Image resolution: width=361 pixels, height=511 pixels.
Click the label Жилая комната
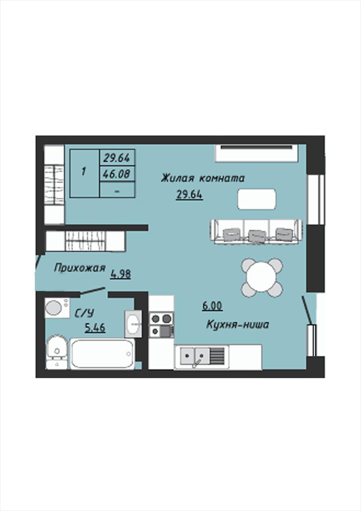click(x=202, y=179)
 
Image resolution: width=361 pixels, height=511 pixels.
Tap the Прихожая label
click(x=80, y=268)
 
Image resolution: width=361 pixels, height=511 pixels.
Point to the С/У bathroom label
click(x=84, y=313)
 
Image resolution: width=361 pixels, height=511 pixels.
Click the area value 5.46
click(x=95, y=327)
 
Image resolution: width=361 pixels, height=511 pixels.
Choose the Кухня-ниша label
click(x=238, y=324)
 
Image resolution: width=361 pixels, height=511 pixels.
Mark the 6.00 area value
click(x=212, y=306)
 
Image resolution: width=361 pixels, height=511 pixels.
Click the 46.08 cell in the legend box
click(x=117, y=174)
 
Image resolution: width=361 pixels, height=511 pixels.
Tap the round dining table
click(x=262, y=277)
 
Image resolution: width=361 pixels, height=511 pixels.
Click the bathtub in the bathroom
click(x=102, y=354)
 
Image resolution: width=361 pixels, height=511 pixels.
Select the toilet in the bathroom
click(x=57, y=352)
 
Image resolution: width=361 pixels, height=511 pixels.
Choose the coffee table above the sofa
click(x=257, y=199)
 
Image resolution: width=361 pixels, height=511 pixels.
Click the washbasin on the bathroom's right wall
click(x=133, y=323)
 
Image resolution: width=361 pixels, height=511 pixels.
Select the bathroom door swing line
click(x=92, y=291)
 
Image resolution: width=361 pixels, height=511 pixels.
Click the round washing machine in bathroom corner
click(x=54, y=307)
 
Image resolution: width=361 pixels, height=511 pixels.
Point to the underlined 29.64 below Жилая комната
click(x=189, y=195)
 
